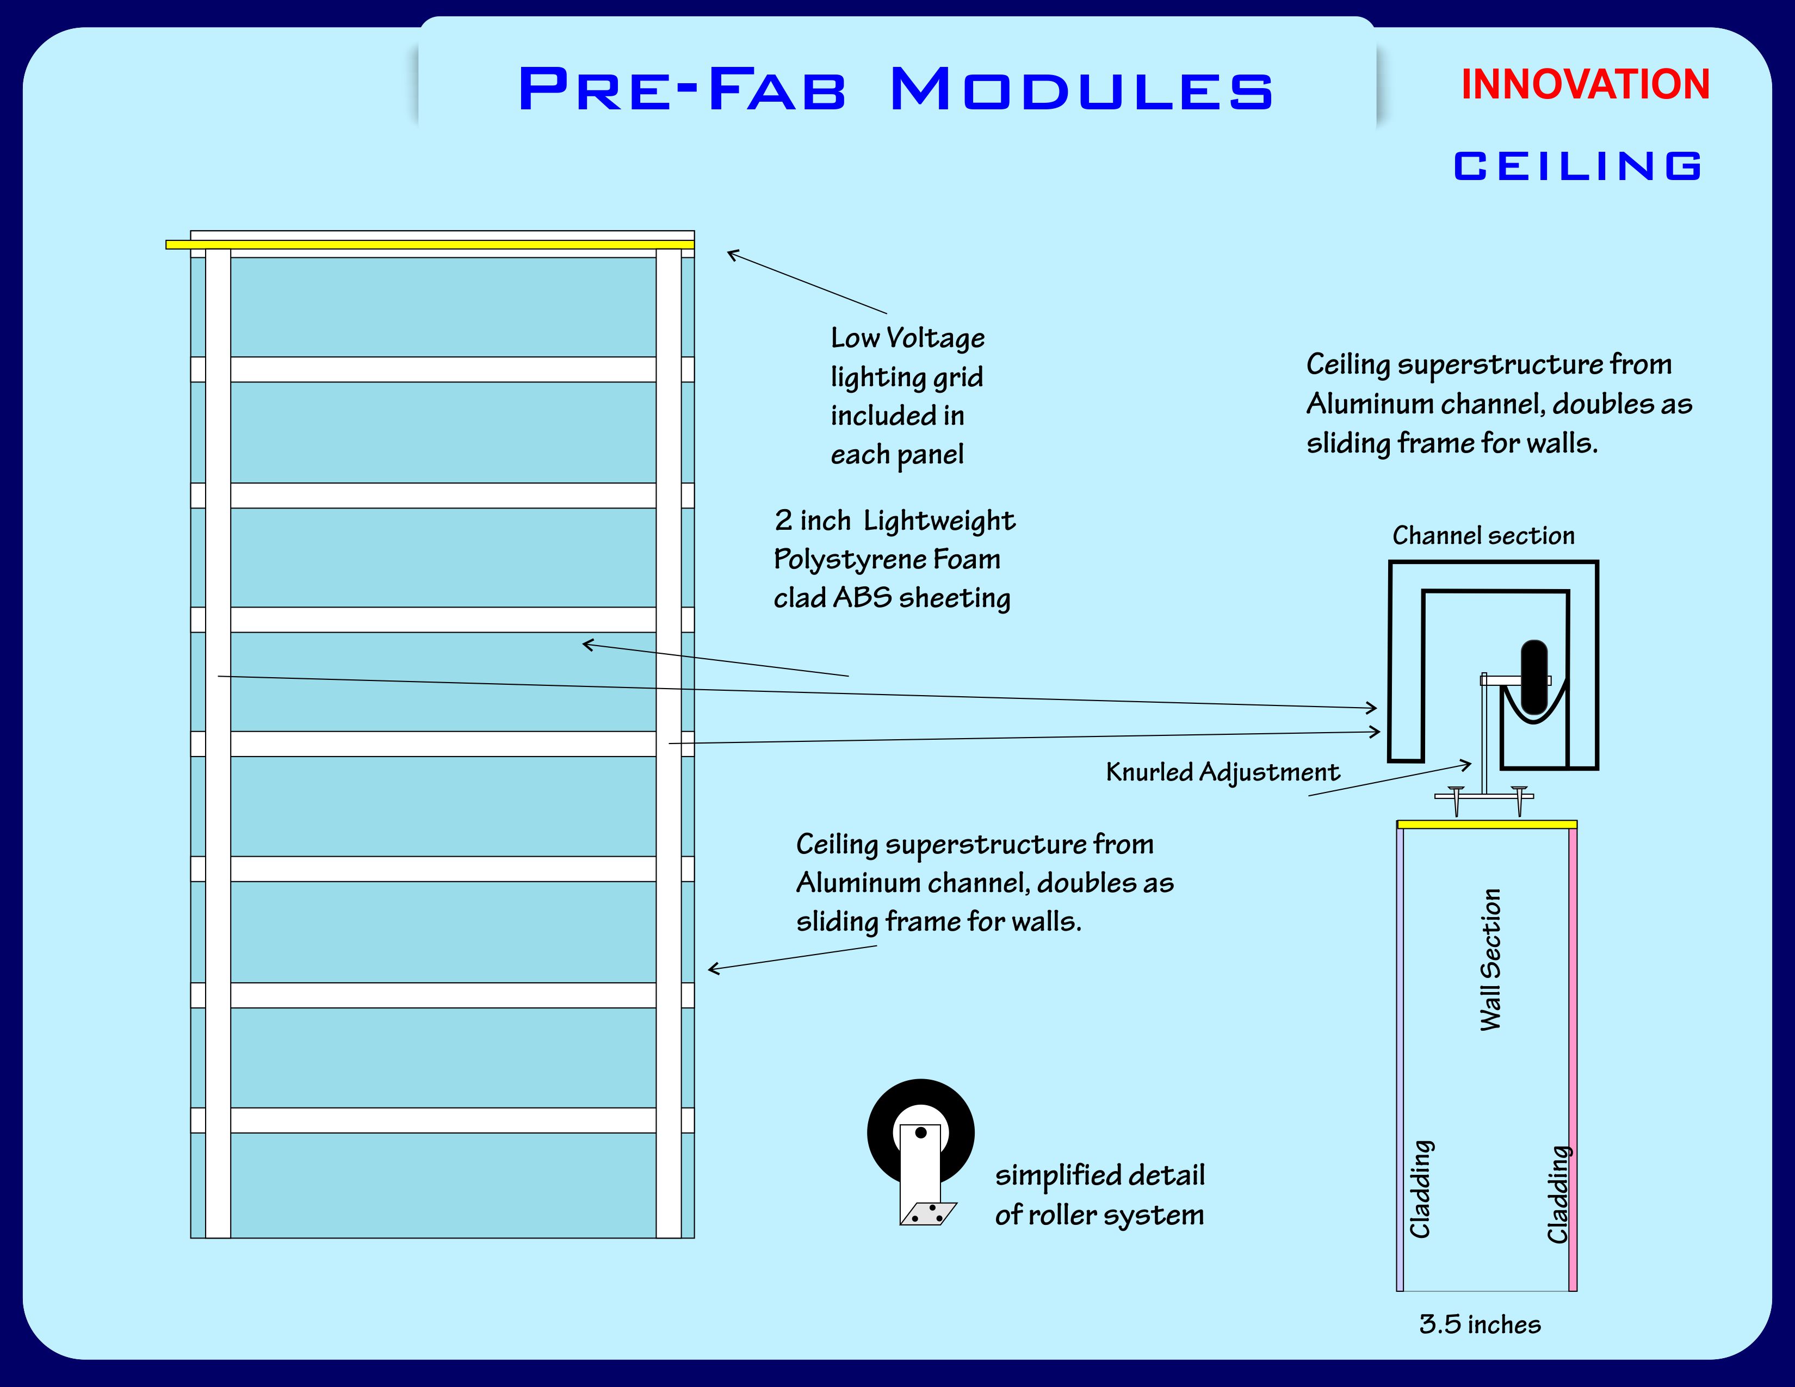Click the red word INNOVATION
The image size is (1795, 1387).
point(1584,85)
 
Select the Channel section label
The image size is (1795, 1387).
point(1483,536)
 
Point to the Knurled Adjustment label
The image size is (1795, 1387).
point(1222,772)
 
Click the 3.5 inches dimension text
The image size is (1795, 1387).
point(1480,1324)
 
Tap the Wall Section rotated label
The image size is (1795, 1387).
point(1490,959)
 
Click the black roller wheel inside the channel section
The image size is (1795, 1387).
point(1534,676)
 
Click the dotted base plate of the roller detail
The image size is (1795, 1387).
point(929,1213)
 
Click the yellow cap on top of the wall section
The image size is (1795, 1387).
point(1486,824)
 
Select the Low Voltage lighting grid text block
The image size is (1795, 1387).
point(907,396)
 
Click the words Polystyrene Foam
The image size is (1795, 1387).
point(887,560)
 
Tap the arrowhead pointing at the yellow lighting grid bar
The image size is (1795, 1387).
point(730,253)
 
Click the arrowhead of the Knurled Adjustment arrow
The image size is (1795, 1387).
point(1469,765)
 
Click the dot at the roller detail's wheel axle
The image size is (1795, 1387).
point(920,1132)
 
